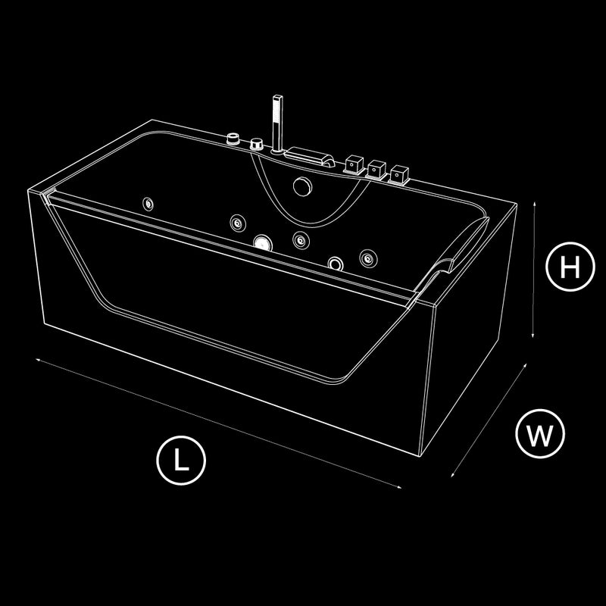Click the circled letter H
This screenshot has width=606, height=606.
[570, 267]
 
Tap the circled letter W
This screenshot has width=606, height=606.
[540, 433]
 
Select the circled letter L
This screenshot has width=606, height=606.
[181, 461]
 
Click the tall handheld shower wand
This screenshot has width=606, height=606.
[277, 123]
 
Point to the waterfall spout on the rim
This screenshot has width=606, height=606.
[309, 156]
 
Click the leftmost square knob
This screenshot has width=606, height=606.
[354, 164]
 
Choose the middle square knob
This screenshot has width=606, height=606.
[376, 169]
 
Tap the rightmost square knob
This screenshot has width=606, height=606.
[399, 174]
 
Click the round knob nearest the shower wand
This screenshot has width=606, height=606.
[256, 144]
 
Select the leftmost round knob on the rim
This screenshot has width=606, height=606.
[233, 138]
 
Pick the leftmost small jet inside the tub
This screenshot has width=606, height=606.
[148, 204]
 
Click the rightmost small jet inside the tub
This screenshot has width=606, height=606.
[368, 258]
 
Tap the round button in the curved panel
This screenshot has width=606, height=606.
[302, 186]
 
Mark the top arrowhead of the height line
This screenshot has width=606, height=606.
[535, 203]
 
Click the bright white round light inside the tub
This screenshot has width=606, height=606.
[263, 242]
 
